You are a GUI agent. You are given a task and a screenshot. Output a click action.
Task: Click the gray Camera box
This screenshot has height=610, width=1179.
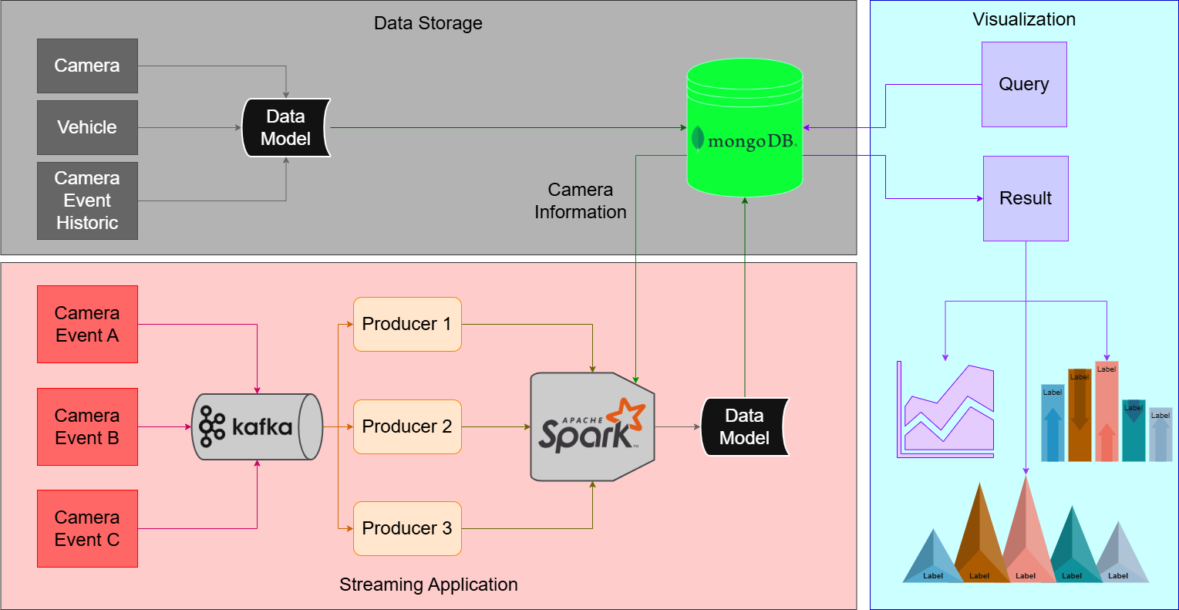tap(87, 66)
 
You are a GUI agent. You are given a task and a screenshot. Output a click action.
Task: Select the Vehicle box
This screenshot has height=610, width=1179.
tap(87, 127)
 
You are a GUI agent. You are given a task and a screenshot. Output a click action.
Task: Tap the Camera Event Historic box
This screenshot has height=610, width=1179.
tap(87, 201)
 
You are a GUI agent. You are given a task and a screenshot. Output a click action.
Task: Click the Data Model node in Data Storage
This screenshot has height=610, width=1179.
tap(286, 128)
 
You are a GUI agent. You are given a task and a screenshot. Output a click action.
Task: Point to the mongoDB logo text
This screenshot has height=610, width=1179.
tap(751, 141)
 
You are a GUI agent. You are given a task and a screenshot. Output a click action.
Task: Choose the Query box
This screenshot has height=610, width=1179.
tap(1023, 84)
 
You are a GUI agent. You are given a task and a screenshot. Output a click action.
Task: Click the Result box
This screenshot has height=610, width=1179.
tap(1025, 198)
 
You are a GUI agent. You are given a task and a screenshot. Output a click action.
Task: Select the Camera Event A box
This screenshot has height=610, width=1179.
tap(87, 324)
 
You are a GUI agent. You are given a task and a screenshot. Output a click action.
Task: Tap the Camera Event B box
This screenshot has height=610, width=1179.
tap(87, 426)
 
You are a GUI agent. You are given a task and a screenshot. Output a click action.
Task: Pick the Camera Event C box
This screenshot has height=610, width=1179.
tap(87, 528)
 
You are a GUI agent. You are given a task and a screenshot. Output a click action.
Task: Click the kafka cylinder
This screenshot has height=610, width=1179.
tap(256, 426)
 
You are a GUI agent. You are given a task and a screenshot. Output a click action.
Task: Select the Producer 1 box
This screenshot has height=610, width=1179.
tap(407, 324)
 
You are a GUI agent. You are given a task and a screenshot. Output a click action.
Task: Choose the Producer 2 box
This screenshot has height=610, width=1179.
tap(407, 426)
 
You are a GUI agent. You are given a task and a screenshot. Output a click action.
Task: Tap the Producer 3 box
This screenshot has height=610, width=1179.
tap(407, 528)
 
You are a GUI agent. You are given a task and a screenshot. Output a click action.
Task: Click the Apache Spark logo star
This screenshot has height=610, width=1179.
tap(626, 414)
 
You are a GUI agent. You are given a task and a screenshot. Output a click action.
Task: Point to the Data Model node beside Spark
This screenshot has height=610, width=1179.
tap(744, 426)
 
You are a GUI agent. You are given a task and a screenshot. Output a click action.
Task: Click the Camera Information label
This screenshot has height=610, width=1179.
tap(580, 201)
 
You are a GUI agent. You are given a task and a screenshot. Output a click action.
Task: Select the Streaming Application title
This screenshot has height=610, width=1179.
tap(428, 585)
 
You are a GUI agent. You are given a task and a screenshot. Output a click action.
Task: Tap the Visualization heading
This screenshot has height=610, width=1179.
tap(1023, 19)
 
